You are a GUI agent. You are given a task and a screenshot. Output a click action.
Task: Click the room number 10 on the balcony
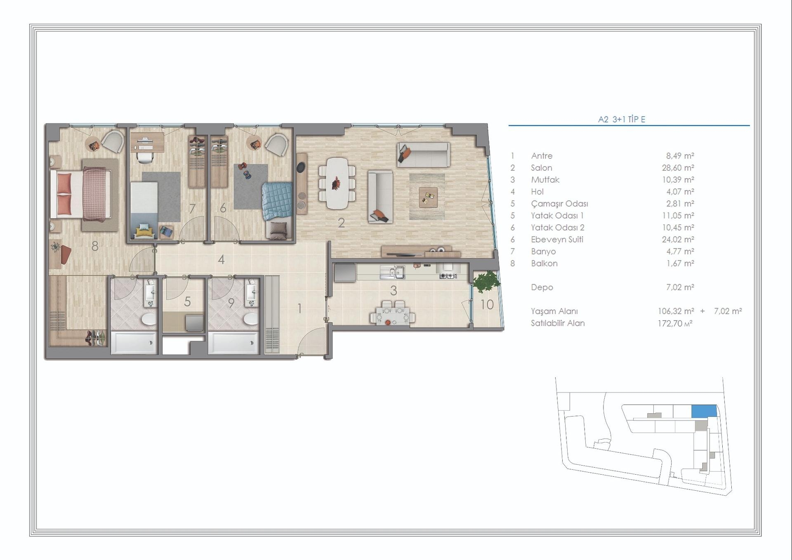point(487,304)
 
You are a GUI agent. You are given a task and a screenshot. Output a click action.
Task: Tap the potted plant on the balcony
point(486,282)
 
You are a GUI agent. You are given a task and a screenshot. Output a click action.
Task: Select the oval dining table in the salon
point(337,183)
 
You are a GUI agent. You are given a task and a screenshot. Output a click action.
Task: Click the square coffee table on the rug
point(428,197)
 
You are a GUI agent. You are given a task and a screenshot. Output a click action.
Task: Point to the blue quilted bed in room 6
point(277,201)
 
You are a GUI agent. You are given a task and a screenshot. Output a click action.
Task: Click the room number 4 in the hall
point(222,259)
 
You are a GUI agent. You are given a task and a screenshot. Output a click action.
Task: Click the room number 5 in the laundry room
point(187,301)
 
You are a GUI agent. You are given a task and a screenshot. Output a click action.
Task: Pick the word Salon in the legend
point(541,168)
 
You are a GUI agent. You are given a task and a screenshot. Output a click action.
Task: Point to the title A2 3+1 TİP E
point(622,120)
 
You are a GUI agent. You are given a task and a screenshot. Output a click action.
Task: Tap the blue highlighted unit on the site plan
point(704,411)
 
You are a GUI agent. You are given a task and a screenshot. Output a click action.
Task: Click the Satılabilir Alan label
point(558,323)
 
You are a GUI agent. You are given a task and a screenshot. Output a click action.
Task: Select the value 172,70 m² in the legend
point(675,323)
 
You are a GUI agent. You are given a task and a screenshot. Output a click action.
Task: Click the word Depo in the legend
point(542,287)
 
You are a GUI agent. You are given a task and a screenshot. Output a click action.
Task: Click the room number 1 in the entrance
point(299,308)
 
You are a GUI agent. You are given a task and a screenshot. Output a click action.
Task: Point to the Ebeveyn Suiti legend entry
point(557,240)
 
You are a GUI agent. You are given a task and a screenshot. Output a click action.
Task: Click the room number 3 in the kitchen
point(394,291)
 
